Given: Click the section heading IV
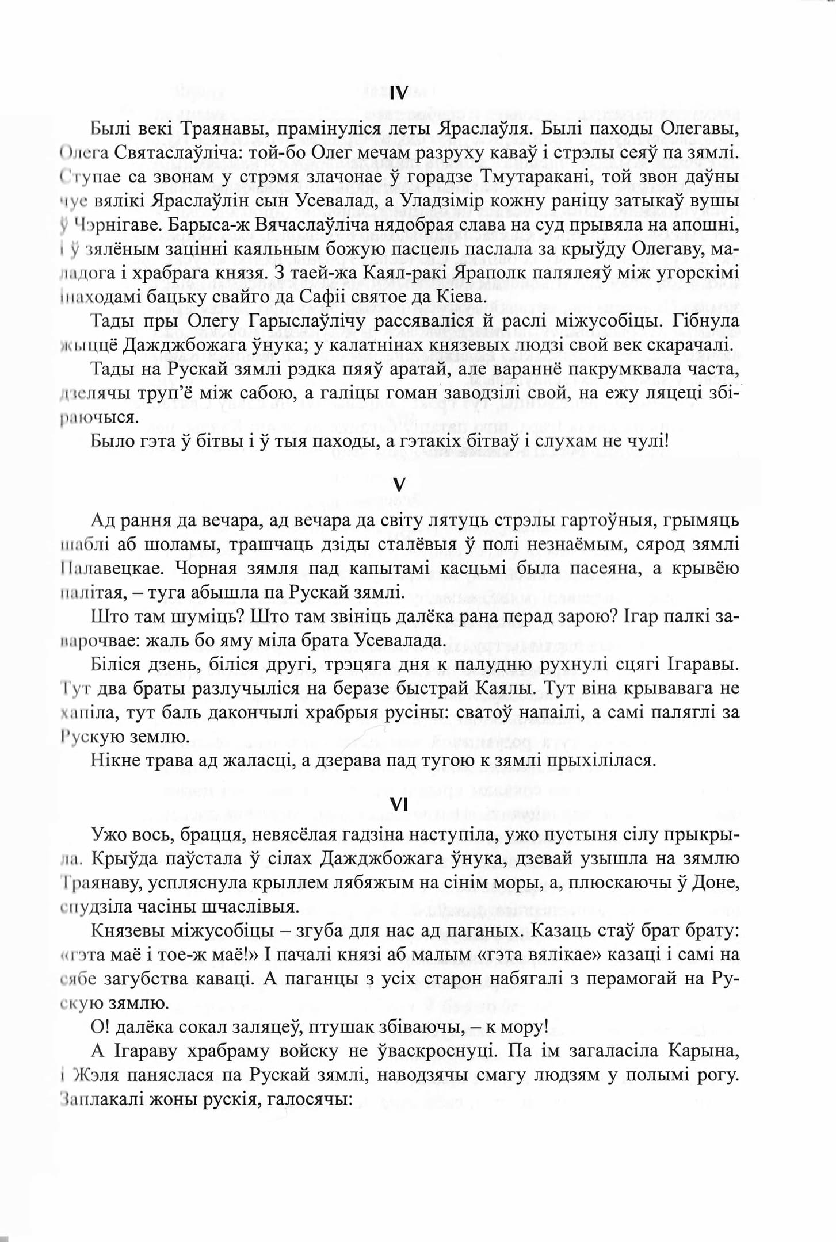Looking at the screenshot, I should (398, 93).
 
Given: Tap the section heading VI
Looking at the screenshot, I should (398, 806).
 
